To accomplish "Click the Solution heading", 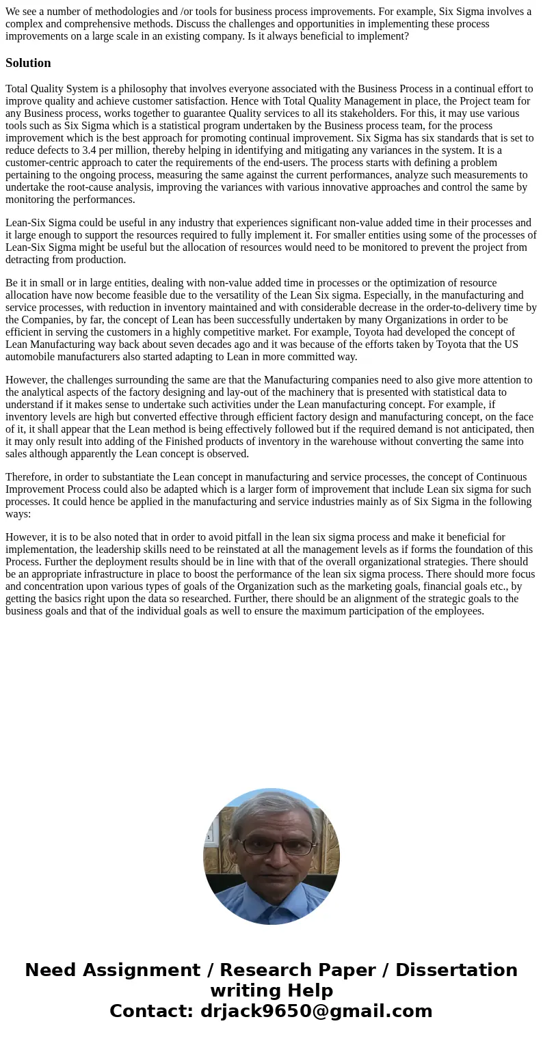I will click(28, 63).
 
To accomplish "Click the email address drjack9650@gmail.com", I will click(316, 1011).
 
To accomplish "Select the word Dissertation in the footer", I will click(456, 970).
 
